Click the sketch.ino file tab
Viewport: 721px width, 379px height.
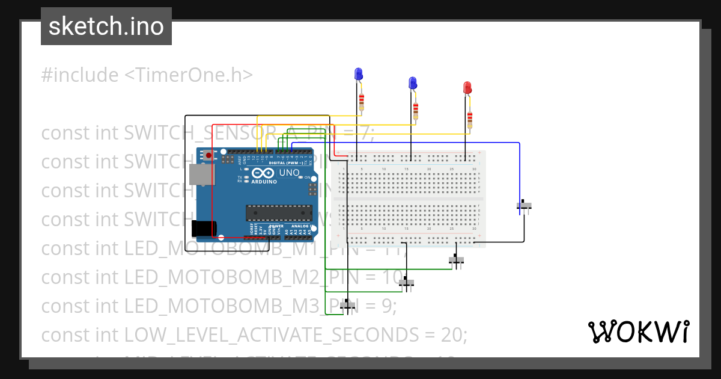coord(106,26)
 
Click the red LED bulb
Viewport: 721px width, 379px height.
coord(467,88)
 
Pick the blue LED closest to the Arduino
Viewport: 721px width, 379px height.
coord(359,74)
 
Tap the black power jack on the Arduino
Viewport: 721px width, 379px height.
coord(202,229)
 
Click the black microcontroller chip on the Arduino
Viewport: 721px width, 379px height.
coord(279,212)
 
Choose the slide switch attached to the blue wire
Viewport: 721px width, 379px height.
coord(524,206)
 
